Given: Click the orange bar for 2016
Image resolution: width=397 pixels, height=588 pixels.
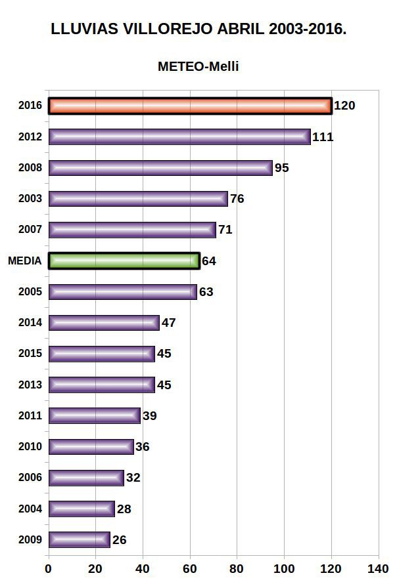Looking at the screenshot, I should click(x=190, y=106).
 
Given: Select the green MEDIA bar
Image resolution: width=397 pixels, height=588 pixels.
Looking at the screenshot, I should click(x=124, y=261).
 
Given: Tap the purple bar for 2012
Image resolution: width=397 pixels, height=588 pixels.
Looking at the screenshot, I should click(x=179, y=136).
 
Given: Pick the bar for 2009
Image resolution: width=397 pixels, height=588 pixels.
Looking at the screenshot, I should click(x=79, y=539).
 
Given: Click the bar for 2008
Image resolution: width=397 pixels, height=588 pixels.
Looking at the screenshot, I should click(x=160, y=167).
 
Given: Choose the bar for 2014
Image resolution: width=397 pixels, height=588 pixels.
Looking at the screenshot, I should click(x=103, y=322).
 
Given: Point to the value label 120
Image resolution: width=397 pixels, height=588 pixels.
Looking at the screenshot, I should click(x=344, y=106).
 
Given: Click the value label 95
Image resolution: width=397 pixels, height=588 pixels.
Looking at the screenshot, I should click(x=282, y=167).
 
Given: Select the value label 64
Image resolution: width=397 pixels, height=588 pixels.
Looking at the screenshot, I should click(x=209, y=261).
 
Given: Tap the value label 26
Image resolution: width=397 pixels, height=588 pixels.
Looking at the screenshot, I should click(x=119, y=540).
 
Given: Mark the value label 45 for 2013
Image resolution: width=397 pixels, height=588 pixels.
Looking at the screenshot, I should click(x=164, y=385).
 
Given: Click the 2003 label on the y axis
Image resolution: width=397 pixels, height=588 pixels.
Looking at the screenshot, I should click(x=30, y=199).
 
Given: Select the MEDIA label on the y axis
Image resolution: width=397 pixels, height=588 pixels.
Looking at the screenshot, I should click(x=25, y=261).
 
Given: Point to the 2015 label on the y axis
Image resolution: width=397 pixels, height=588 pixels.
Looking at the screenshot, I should click(x=30, y=354).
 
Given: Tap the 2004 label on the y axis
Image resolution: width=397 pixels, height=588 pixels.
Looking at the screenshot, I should click(x=30, y=509).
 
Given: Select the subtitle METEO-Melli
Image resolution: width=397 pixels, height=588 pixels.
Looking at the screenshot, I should click(x=198, y=66).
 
